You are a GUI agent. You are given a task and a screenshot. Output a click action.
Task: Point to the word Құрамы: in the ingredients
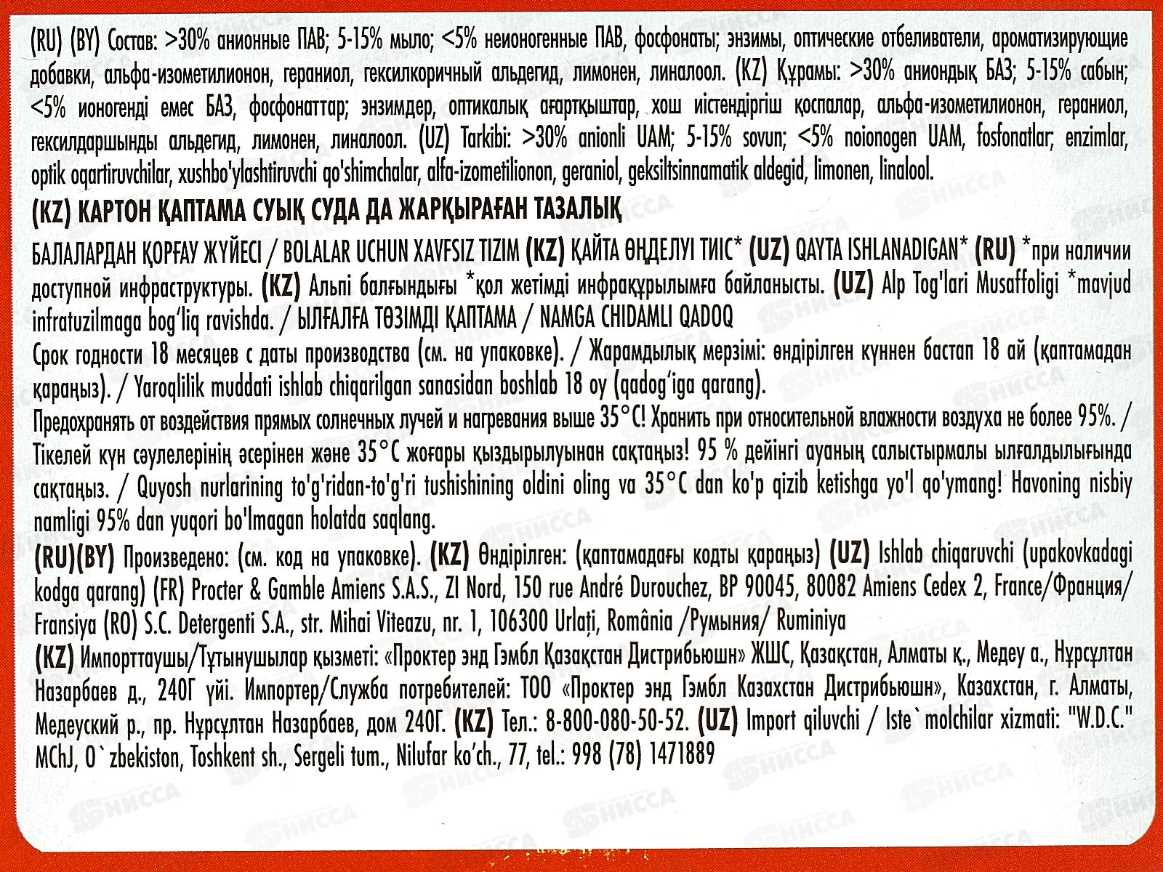tap(802, 73)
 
